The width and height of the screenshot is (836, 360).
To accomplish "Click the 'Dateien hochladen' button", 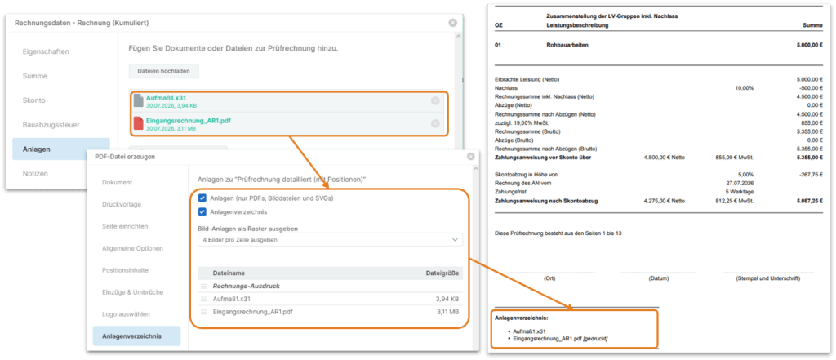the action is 163,71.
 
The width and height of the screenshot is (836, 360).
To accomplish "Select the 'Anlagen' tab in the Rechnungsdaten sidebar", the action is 61,149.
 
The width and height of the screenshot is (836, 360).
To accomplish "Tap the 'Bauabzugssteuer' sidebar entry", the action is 51,125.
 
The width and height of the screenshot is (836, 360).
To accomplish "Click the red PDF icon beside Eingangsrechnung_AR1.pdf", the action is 138,124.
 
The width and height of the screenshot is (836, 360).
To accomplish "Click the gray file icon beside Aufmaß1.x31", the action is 138,100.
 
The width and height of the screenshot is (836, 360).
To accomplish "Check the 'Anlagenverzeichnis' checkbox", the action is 202,211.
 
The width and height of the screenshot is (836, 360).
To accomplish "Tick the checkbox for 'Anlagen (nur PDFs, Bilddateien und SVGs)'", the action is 202,198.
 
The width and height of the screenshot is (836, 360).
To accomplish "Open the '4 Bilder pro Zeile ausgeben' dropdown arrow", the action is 455,240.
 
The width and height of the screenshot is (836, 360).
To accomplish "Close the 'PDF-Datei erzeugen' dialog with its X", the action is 471,157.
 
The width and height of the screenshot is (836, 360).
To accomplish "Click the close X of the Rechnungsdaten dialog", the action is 452,23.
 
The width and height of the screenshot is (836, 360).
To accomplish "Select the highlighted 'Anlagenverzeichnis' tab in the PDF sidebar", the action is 136,336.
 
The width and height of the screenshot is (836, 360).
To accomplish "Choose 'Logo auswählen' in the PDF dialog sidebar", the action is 127,313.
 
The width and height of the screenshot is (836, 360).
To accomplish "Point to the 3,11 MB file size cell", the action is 447,312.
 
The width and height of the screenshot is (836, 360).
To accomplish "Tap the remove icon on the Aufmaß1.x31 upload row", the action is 435,100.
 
